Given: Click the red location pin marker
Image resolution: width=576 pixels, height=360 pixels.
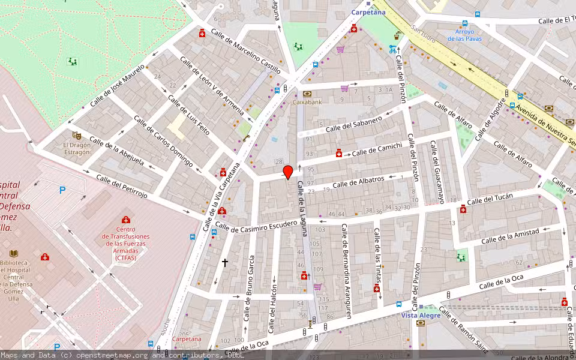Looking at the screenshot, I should point(288,172).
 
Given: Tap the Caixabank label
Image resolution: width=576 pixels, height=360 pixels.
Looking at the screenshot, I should point(307,102).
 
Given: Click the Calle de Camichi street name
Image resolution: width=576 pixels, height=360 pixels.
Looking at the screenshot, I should point(377,150).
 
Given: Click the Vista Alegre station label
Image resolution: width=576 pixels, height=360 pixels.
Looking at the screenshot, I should point(418,314).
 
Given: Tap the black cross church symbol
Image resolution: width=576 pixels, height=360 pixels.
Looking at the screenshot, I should point(226,262).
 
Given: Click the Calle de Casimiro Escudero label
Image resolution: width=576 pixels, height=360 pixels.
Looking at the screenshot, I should point(256,226).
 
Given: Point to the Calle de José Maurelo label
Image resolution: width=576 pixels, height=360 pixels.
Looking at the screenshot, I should point(118,86).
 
